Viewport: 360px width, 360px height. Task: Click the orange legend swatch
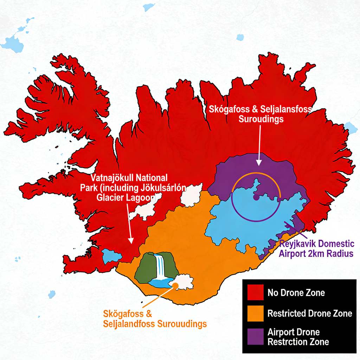256,313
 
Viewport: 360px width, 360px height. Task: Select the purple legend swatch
256,337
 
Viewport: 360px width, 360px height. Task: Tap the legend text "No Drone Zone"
296,292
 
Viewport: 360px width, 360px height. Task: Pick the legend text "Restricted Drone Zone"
309,313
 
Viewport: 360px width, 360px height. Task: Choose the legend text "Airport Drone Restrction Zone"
298,337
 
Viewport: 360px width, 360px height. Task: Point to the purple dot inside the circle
256,198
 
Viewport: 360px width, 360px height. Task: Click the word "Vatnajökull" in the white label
112,177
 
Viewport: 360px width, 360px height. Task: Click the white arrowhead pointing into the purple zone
259,162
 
